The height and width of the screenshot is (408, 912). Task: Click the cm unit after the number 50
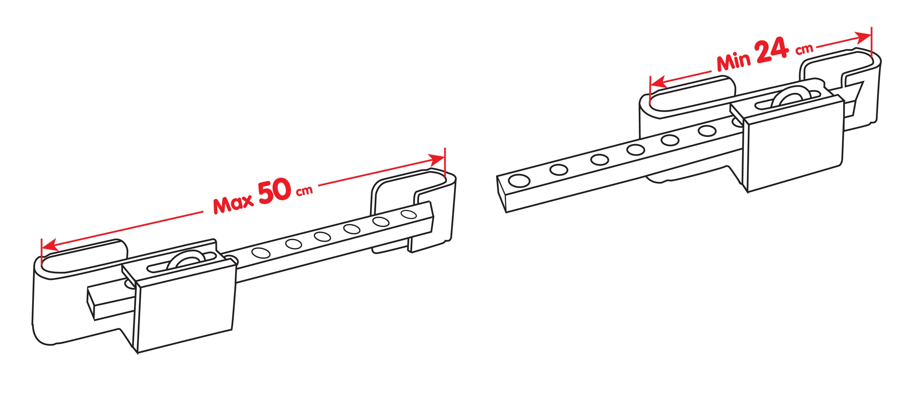304,191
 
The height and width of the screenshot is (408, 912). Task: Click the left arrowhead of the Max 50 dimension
50,245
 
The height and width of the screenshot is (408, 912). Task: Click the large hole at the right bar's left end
519,181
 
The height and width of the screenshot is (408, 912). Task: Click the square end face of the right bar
502,194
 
